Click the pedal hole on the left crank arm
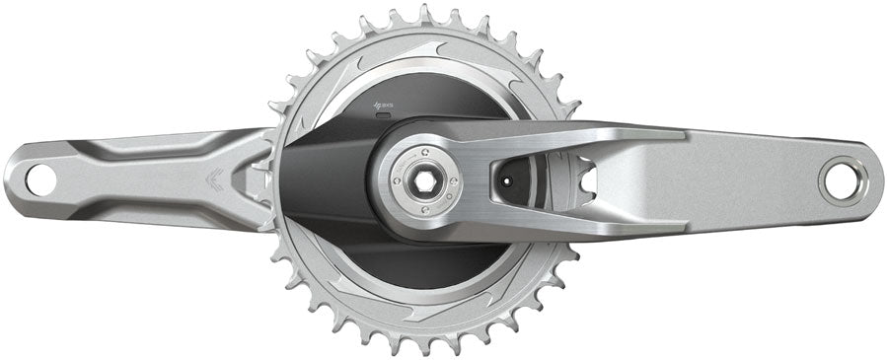pos(40,180)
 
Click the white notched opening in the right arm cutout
pos(584,177)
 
